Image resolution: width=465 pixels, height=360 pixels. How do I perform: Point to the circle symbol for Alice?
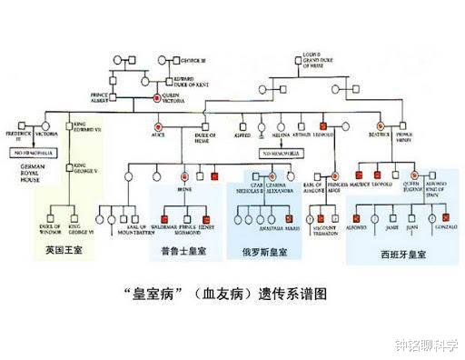(x=157, y=125)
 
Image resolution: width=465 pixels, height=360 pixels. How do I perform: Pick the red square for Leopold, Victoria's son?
(x=323, y=125)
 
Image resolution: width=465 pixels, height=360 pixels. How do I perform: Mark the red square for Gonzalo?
(x=442, y=219)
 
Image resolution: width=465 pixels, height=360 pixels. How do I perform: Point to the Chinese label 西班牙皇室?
(x=401, y=255)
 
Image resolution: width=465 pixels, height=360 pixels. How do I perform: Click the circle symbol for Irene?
(x=184, y=173)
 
